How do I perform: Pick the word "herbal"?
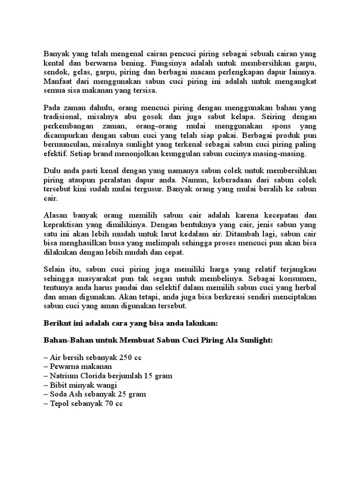306,288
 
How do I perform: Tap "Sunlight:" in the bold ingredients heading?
256,341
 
